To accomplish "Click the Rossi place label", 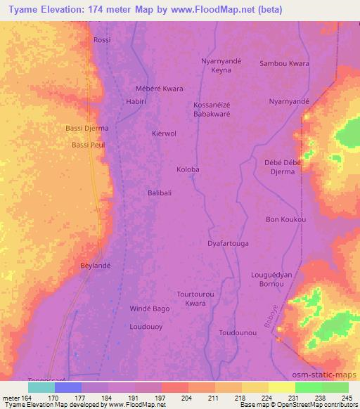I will tap(102, 40).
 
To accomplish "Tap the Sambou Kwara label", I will tap(284, 63).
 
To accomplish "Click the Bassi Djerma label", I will tap(86, 129).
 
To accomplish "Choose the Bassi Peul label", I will tap(88, 145).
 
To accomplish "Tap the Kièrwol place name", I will tap(164, 133).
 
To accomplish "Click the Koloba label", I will tap(188, 169).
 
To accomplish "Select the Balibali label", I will tap(160, 193).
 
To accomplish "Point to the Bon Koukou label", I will tap(285, 220).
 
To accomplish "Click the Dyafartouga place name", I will tap(228, 243).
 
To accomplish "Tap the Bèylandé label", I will tap(96, 266).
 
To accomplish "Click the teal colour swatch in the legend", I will tap(41, 387).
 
